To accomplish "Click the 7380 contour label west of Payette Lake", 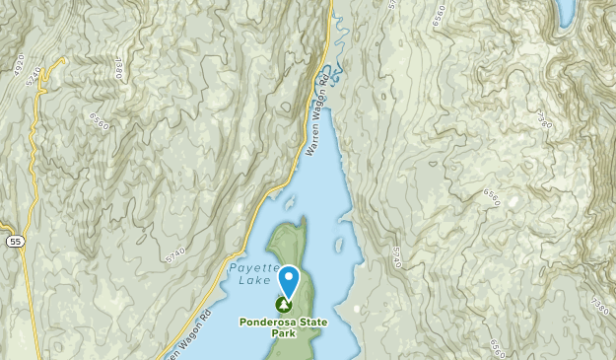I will pyautogui.click(x=117, y=67).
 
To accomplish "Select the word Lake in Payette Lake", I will pyautogui.click(x=251, y=281).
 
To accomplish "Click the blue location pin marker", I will pyautogui.click(x=288, y=281).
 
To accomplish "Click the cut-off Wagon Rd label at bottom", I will pyautogui.click(x=187, y=338).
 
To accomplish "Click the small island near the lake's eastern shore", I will pyautogui.click(x=338, y=240).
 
